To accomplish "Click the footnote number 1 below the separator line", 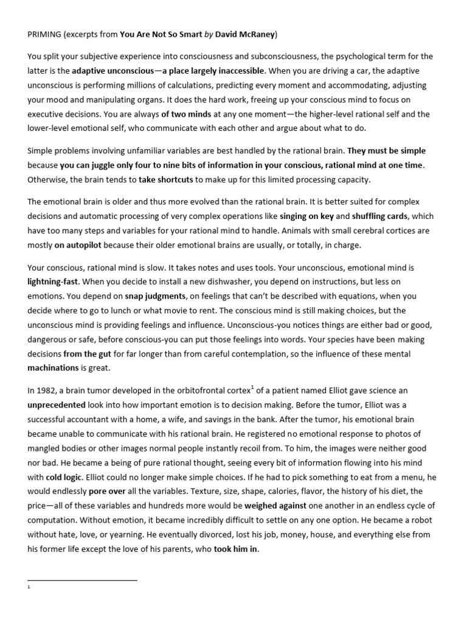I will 29,588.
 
